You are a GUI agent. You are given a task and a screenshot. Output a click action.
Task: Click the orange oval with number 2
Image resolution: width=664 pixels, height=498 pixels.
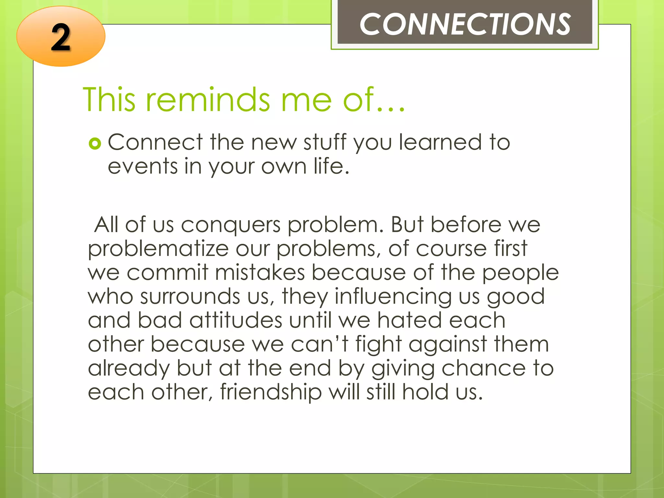pyautogui.click(x=61, y=37)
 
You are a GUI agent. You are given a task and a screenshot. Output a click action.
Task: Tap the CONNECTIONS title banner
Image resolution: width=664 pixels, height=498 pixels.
pyautogui.click(x=465, y=24)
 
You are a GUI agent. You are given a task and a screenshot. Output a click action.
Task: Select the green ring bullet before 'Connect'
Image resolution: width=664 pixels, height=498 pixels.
pyautogui.click(x=95, y=143)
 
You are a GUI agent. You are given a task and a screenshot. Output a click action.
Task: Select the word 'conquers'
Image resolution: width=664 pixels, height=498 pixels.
pyautogui.click(x=231, y=225)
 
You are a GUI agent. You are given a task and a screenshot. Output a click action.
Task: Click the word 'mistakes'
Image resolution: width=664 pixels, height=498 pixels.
pyautogui.click(x=260, y=272)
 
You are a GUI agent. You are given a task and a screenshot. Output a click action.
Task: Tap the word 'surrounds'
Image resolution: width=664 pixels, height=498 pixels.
pyautogui.click(x=190, y=296)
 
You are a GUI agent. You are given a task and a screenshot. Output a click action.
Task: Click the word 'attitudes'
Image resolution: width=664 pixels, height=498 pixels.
pyautogui.click(x=236, y=320)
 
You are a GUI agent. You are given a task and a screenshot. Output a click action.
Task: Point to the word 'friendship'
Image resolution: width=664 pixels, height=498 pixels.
pyautogui.click(x=271, y=392)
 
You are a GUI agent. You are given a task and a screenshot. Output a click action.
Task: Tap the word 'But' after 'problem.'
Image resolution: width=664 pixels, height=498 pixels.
pyautogui.click(x=407, y=225)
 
